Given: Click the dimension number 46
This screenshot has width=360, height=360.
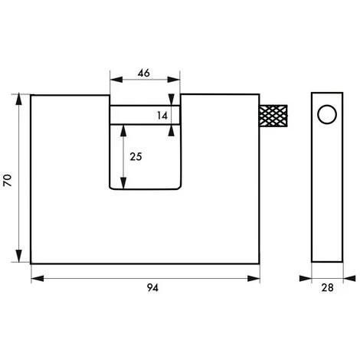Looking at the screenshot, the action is click(x=143, y=74).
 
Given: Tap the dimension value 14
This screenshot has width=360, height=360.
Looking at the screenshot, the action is click(x=162, y=116).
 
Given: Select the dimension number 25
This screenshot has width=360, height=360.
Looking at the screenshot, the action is click(x=136, y=156).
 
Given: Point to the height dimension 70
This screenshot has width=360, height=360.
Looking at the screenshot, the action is click(x=7, y=180).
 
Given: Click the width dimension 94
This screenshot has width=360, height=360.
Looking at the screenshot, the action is click(x=152, y=288).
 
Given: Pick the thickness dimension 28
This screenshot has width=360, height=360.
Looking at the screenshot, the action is click(x=327, y=288).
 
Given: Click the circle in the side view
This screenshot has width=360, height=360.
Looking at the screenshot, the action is click(x=327, y=114).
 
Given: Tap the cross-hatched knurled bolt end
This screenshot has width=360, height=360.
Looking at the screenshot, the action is click(x=273, y=116).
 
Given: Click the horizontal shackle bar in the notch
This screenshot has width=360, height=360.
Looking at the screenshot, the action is click(x=145, y=115).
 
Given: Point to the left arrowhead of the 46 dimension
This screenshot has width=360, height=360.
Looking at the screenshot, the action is click(x=116, y=80).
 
